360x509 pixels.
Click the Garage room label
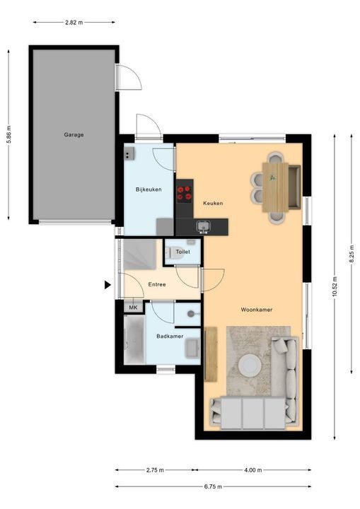pyautogui.click(x=74, y=134)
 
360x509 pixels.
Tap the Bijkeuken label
pyautogui.click(x=149, y=189)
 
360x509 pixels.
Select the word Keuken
pyautogui.click(x=213, y=203)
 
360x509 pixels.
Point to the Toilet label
pyautogui.click(x=182, y=252)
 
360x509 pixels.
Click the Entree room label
pyautogui.click(x=157, y=284)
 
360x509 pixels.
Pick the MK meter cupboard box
pyautogui.click(x=133, y=307)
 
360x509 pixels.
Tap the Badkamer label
pyautogui.click(x=170, y=337)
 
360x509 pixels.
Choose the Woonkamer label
pyautogui.click(x=256, y=310)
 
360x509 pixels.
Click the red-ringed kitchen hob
pyautogui.click(x=184, y=193)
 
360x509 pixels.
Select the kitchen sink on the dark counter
pyautogui.click(x=204, y=226)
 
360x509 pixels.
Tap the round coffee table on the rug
pyautogui.click(x=250, y=366)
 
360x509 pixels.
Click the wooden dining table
pyautogui.click(x=276, y=187)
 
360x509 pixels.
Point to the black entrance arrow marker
pyautogui.click(x=108, y=285)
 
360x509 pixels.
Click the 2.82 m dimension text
pyautogui.click(x=74, y=23)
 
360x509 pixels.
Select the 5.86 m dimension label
pyautogui.click(x=8, y=134)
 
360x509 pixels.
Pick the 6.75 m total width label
pyautogui.click(x=213, y=486)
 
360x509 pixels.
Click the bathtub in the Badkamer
pyautogui.click(x=134, y=340)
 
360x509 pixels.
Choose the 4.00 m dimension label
pyautogui.click(x=253, y=469)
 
